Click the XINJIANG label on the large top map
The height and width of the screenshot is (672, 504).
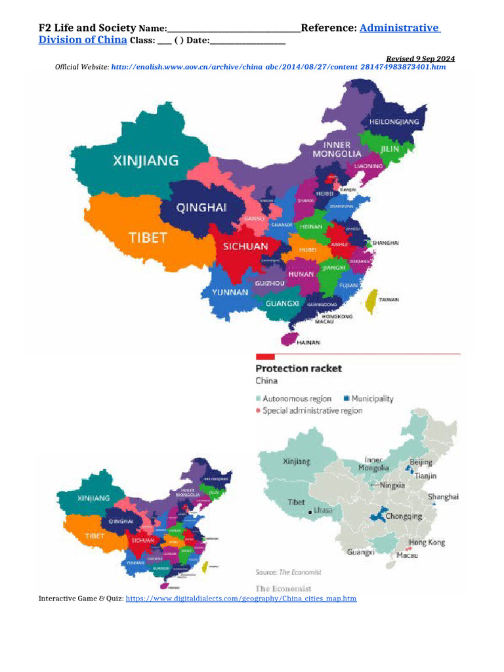146,160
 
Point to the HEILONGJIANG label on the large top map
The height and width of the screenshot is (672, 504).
394,122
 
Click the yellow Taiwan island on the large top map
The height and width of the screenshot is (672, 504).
371,301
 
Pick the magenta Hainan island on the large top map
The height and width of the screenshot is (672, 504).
287,339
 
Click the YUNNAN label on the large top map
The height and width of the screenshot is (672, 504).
230,292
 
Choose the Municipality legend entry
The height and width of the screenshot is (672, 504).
367,398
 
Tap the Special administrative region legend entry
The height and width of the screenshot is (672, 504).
308,411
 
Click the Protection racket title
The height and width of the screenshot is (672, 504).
298,368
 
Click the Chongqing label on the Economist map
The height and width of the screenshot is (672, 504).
403,516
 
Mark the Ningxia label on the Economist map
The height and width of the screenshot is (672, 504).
392,486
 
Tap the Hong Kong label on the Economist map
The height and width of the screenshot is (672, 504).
427,542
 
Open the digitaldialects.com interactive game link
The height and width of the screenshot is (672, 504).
241,598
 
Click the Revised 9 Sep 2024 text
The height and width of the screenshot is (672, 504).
420,58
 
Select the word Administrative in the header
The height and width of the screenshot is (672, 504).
400,28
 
